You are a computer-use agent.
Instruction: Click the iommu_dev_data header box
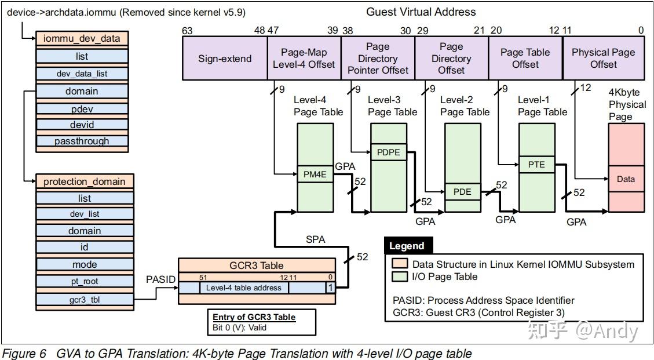(82, 39)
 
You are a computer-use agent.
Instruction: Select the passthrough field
(82, 141)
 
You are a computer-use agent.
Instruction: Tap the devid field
(82, 125)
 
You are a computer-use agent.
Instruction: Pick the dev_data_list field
(82, 74)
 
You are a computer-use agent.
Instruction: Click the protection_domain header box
(85, 181)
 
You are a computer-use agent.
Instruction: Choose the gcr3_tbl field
(85, 299)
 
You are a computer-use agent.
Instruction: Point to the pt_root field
(85, 282)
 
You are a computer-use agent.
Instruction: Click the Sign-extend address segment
(225, 59)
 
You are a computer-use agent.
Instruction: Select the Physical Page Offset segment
(603, 59)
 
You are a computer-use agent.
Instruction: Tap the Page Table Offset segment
(525, 59)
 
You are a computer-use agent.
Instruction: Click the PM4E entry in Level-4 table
(316, 174)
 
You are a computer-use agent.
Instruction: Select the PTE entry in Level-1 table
(536, 165)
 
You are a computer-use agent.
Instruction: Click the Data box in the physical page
(626, 179)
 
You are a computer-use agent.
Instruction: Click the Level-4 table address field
(244, 288)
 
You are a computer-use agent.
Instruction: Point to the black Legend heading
(407, 246)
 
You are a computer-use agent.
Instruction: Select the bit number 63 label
(187, 31)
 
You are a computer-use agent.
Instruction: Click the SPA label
(315, 239)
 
